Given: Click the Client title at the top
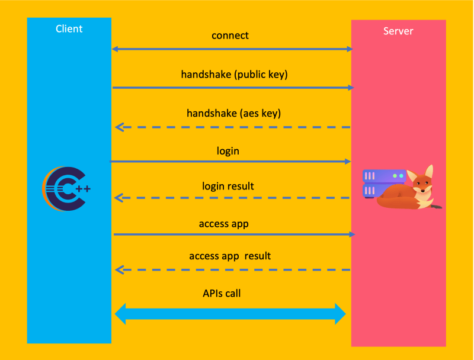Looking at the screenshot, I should pyautogui.click(x=69, y=28).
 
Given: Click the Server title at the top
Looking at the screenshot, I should pyautogui.click(x=398, y=31).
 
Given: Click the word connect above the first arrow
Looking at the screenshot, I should pyautogui.click(x=230, y=36).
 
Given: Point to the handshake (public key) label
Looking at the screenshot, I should pyautogui.click(x=234, y=75).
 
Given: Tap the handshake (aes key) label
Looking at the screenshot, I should pyautogui.click(x=233, y=113).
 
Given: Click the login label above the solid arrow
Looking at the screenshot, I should pyautogui.click(x=228, y=151).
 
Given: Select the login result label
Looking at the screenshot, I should pyautogui.click(x=228, y=186).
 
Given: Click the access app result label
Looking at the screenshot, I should pyautogui.click(x=230, y=256).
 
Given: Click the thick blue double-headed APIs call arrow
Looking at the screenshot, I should pyautogui.click(x=230, y=314).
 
